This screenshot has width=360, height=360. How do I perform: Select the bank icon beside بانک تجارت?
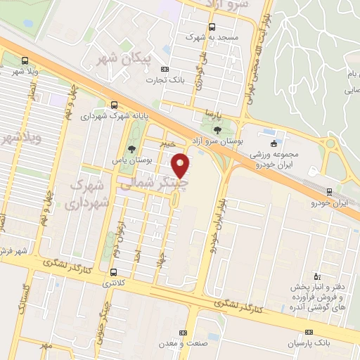166,69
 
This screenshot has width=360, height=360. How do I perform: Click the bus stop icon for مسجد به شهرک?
211,26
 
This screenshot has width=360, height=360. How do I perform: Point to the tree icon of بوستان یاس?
131,148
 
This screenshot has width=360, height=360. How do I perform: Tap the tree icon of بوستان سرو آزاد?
216,129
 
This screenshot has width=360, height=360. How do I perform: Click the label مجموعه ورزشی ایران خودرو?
274,158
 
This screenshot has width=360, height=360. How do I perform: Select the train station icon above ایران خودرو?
330,191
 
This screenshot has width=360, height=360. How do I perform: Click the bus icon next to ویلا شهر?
25,60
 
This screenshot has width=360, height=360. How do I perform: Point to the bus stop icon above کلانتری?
114,271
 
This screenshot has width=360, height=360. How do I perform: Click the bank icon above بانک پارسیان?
308,332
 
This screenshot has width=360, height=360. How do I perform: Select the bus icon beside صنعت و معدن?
184,333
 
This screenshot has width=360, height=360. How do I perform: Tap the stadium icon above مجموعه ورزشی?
274,143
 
